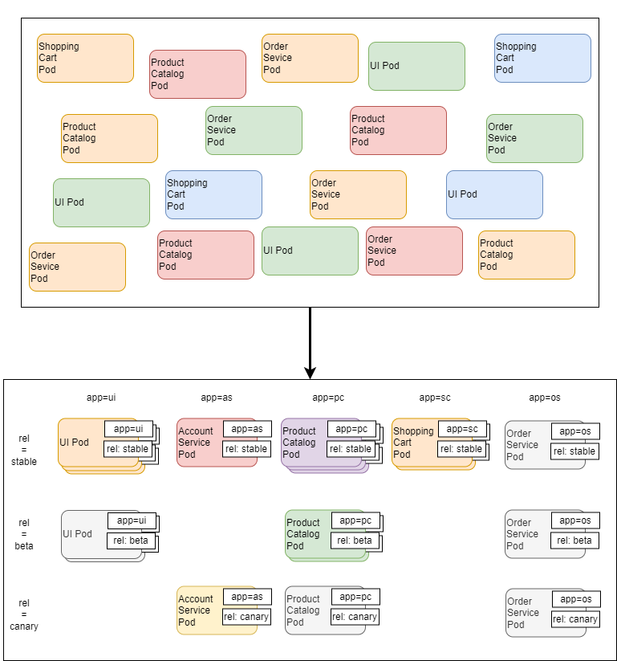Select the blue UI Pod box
click(494, 194)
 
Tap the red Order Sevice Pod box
click(414, 251)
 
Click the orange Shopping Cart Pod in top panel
click(85, 58)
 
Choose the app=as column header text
click(217, 397)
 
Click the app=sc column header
click(436, 397)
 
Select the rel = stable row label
click(24, 450)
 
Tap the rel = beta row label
click(24, 534)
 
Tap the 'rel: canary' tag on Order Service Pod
click(574, 618)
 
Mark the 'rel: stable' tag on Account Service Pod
click(246, 449)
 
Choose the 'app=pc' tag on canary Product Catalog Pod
click(355, 597)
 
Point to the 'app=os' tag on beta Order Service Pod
click(574, 520)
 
